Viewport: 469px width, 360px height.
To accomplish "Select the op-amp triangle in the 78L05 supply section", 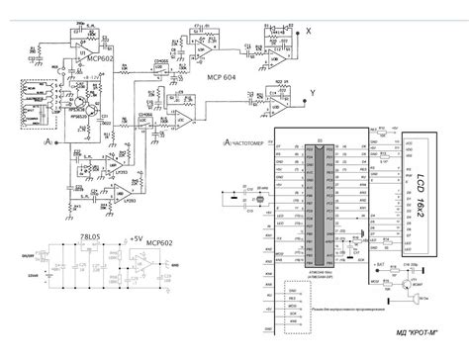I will (147, 264).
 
